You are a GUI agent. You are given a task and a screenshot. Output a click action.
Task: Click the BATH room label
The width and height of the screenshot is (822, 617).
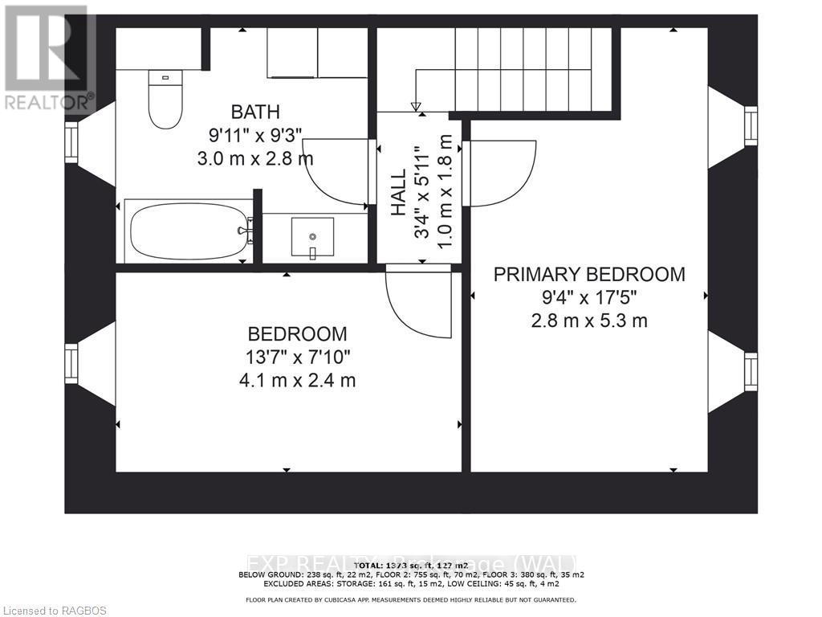click(255, 112)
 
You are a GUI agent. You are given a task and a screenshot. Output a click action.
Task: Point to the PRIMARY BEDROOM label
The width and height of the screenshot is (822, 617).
click(589, 275)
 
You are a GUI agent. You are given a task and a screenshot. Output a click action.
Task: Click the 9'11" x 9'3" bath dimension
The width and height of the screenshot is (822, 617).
click(255, 135)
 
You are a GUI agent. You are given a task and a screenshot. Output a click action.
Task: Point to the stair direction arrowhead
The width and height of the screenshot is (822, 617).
click(416, 106)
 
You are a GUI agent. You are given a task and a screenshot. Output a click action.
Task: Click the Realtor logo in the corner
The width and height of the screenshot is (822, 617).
click(48, 56)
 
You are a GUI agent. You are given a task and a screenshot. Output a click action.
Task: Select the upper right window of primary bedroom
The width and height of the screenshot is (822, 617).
click(750, 126)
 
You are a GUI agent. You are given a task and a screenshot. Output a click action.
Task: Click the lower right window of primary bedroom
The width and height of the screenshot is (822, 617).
click(750, 371)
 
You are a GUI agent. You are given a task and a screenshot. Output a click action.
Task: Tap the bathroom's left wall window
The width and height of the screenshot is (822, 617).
click(71, 142)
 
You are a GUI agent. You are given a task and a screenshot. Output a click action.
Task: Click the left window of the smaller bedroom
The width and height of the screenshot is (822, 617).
click(71, 363)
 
